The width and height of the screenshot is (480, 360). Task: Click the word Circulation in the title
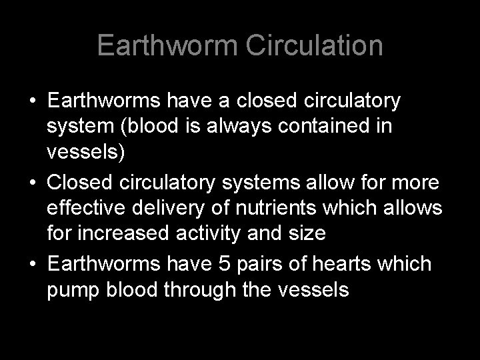[315, 46]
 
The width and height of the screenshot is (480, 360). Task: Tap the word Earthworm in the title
[169, 46]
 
